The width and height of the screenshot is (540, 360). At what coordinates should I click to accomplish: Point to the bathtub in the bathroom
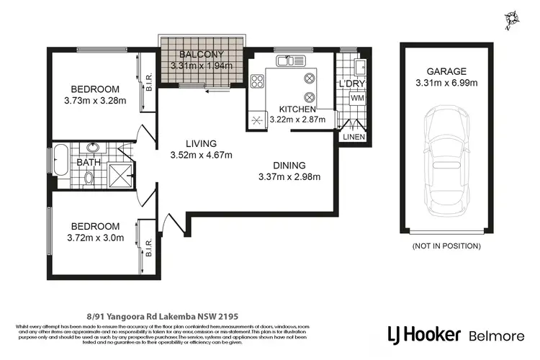[60, 161]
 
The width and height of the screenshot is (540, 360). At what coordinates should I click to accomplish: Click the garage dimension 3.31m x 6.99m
[446, 83]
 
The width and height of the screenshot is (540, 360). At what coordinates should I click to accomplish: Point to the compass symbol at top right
[512, 19]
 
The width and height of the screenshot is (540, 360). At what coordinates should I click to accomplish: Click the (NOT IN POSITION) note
[446, 246]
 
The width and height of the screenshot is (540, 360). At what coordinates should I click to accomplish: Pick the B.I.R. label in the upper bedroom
[148, 84]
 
